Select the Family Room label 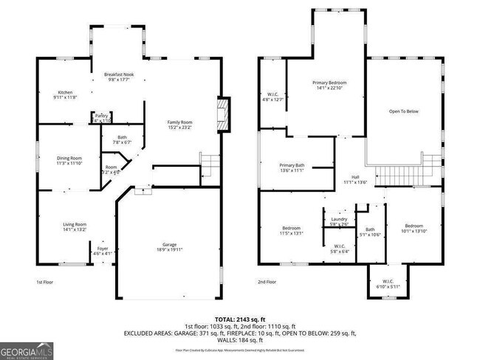tap(179, 122)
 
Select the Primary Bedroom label tap(329, 83)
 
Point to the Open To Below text tap(404, 111)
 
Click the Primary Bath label tap(292, 165)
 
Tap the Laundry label tap(339, 218)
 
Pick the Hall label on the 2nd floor tap(355, 177)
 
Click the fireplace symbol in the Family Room tap(221, 114)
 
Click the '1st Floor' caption tap(45, 282)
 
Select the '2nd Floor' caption tap(267, 282)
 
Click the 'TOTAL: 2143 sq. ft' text tap(239, 319)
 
